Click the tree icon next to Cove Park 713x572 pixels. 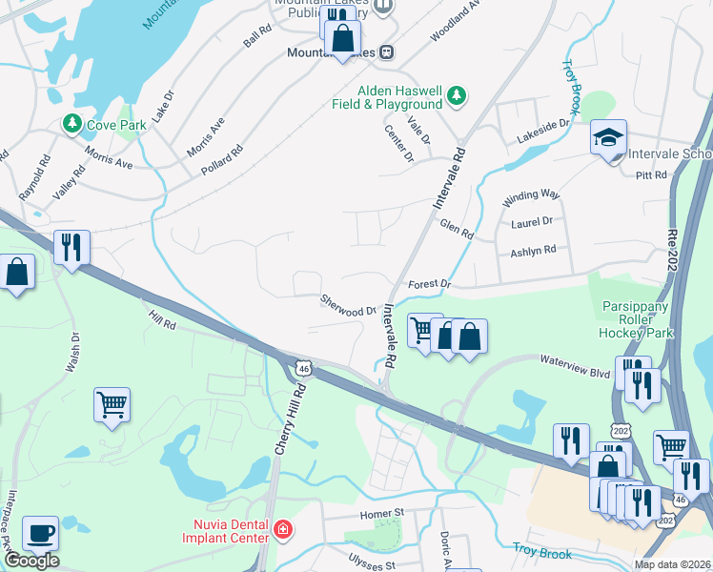pos(71,124)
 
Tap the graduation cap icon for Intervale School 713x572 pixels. pos(607,139)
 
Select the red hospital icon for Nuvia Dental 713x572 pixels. pos(282,529)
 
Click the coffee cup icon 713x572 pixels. pos(40,533)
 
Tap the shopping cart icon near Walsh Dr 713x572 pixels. pos(112,403)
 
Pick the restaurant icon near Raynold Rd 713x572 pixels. pos(71,248)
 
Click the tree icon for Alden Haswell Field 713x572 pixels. pos(457,95)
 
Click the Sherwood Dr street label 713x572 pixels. pos(348,305)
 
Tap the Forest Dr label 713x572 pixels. pos(428,284)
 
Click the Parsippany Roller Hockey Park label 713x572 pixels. pos(636,320)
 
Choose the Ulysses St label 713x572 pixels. pos(371,564)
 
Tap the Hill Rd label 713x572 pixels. pos(162,324)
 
